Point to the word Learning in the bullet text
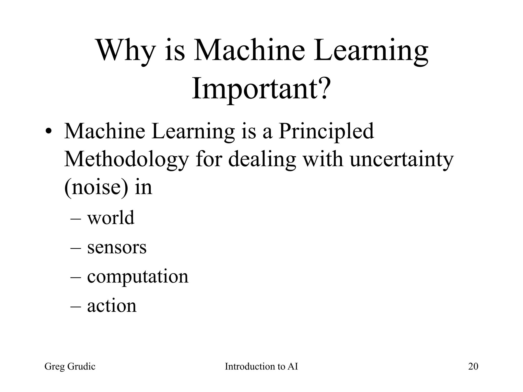point(193,131)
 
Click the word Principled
point(326,131)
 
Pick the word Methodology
point(126,160)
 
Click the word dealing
point(262,160)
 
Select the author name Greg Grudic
point(70,366)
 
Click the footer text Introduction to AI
point(261,366)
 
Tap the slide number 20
point(473,366)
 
